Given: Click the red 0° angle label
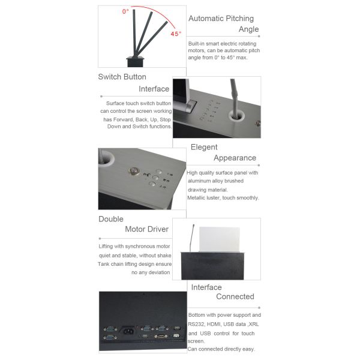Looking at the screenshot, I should [x=125, y=11].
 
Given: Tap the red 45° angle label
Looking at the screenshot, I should [x=175, y=34].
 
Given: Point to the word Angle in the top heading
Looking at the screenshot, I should [x=248, y=29].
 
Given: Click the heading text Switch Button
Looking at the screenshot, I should [x=122, y=77].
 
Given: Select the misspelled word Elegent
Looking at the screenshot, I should [x=204, y=147].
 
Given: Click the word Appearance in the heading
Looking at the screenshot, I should [x=235, y=158].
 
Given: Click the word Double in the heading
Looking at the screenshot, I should [x=111, y=219].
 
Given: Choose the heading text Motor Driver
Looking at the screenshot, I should [x=146, y=229].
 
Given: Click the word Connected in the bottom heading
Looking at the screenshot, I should [x=235, y=296].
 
